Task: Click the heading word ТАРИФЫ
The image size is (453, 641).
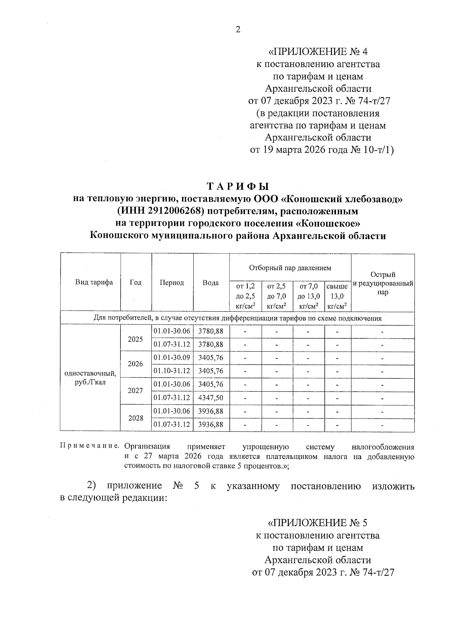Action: point(238,186)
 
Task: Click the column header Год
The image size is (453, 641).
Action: point(136,283)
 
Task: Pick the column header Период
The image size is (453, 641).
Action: point(172,283)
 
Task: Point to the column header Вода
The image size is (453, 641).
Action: point(211,283)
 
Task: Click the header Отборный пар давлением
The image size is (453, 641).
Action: point(290,268)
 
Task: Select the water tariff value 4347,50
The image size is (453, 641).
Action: point(211,398)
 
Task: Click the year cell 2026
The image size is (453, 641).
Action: point(136,364)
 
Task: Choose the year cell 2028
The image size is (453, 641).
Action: point(136,418)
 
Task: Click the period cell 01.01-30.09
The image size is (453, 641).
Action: point(172,357)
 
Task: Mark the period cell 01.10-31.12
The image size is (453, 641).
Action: point(172,371)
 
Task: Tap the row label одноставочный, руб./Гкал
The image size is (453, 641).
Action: point(90,377)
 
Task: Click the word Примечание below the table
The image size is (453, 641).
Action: point(90,447)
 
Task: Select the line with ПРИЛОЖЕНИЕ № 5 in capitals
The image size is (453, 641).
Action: point(317,523)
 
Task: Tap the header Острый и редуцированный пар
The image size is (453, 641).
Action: point(383,283)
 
